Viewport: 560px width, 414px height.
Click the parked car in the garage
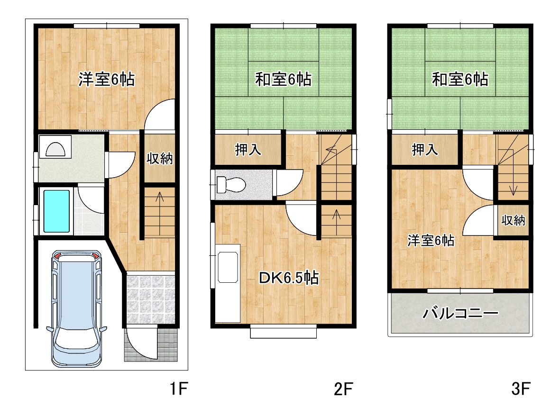(x=77, y=309)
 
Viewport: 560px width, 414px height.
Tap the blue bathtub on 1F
(x=56, y=211)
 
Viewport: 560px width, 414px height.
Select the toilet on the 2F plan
(x=231, y=185)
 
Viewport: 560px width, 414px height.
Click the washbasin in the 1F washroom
(x=55, y=147)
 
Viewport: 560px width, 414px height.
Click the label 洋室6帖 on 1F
(x=106, y=79)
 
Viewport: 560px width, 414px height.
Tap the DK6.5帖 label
(x=289, y=278)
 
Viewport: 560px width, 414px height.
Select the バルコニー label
(x=460, y=314)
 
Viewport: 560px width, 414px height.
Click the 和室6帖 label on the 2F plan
(x=283, y=79)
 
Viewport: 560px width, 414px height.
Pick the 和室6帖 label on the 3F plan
(x=460, y=79)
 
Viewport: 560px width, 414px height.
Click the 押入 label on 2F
(x=248, y=150)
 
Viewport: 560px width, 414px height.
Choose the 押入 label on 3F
(x=425, y=150)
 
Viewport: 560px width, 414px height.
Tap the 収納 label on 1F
(x=160, y=159)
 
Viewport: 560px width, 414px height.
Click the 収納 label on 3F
(x=513, y=221)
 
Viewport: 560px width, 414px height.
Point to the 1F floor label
(x=179, y=389)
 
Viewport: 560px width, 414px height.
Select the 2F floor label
(x=343, y=389)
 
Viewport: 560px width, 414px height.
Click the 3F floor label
(x=521, y=389)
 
